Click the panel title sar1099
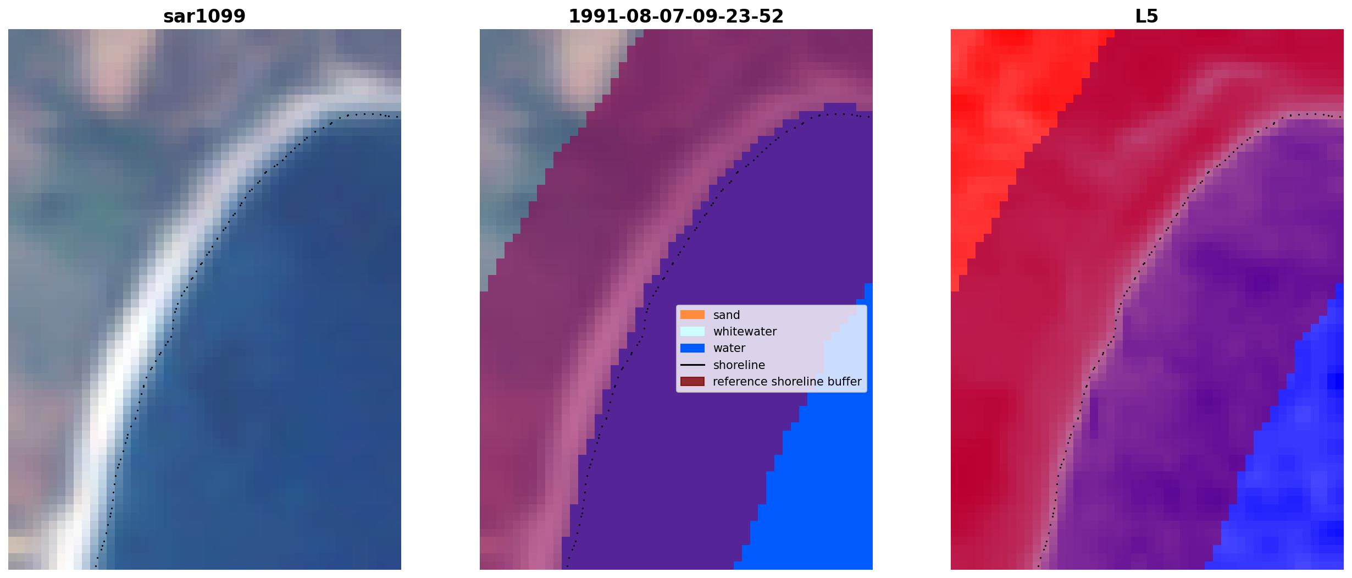click(x=204, y=16)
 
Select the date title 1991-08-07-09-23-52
click(x=676, y=16)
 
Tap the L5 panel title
click(x=1147, y=16)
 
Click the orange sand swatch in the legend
click(x=692, y=315)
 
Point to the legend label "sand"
click(x=727, y=315)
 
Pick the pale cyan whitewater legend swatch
click(x=692, y=331)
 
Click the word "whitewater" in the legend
click(x=745, y=332)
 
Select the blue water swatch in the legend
click(x=692, y=348)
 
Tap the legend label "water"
click(x=729, y=348)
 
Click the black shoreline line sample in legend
click(x=692, y=365)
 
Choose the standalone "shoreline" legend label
click(x=739, y=365)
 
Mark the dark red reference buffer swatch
click(x=692, y=382)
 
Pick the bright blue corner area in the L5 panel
click(x=1297, y=467)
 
